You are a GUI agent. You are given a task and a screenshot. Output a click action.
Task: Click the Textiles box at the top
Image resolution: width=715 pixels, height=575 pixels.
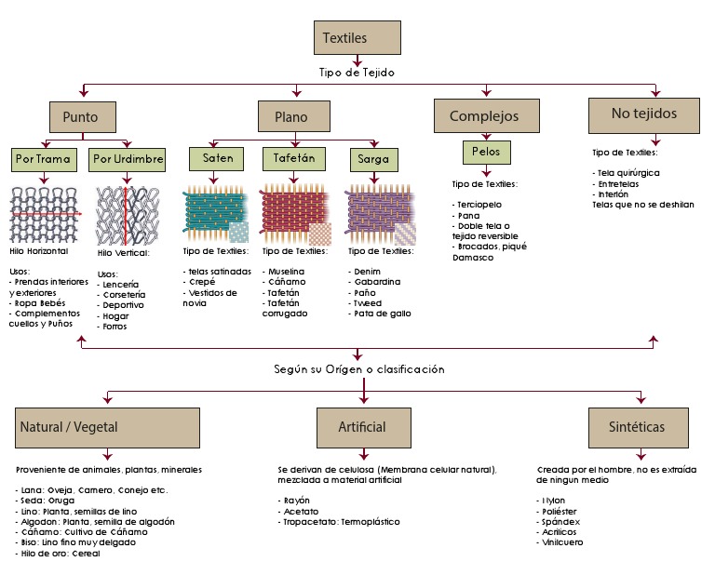(x=357, y=38)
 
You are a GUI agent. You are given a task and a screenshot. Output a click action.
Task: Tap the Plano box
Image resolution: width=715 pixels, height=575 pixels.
(x=296, y=117)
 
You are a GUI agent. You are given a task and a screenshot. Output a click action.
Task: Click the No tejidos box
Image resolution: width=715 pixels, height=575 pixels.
(x=644, y=114)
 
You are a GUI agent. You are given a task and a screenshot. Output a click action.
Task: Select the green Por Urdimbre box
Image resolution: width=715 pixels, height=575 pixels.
(x=128, y=159)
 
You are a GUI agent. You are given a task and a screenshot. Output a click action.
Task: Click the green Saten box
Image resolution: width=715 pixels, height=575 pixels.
(x=217, y=159)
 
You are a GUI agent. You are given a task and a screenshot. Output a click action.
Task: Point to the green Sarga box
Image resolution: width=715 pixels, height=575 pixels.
(x=373, y=159)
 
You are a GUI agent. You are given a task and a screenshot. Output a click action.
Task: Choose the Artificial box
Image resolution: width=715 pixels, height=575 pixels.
(x=362, y=428)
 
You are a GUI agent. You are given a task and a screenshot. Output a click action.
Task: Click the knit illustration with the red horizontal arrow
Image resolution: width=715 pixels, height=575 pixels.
(x=46, y=214)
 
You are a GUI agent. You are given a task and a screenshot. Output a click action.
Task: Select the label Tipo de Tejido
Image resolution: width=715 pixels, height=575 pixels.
(x=357, y=72)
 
